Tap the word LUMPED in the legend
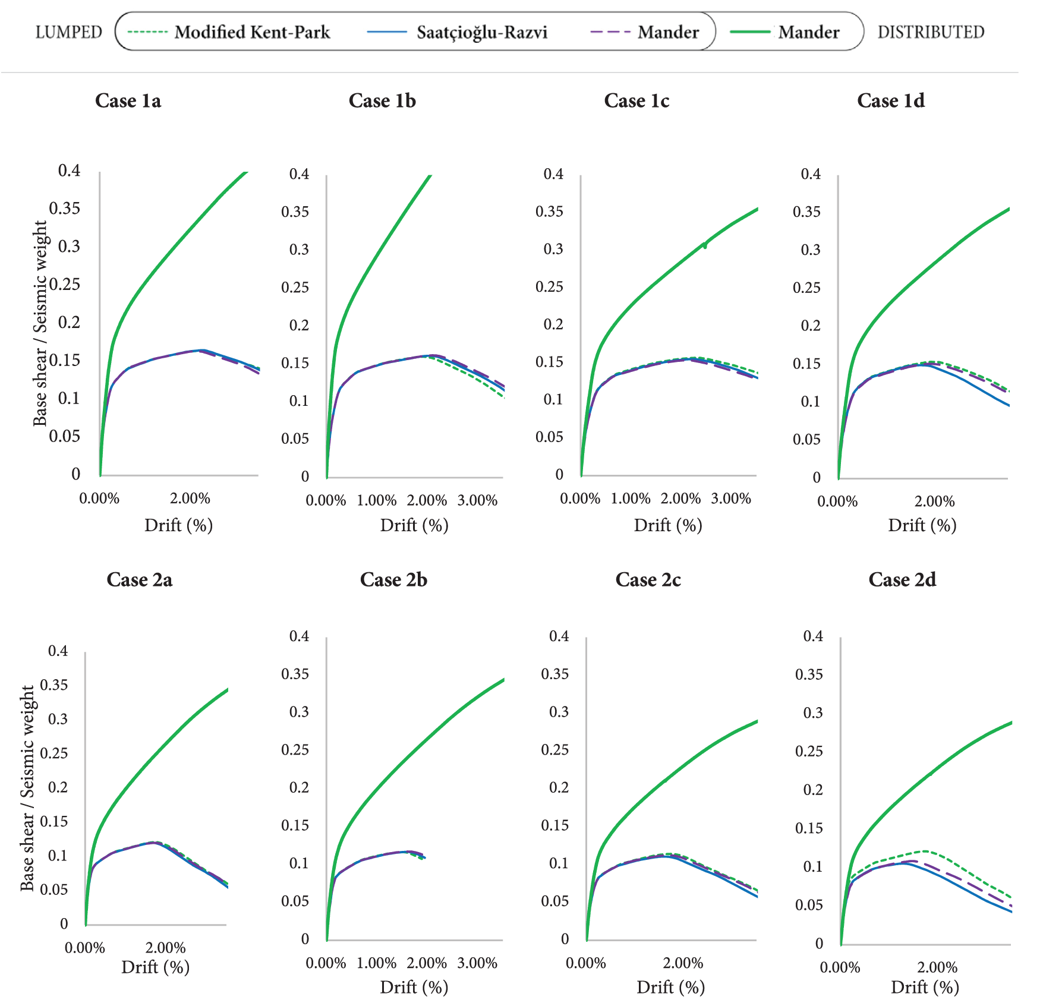click(69, 32)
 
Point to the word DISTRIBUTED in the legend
click(931, 32)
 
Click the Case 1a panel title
click(128, 101)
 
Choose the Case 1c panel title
click(636, 101)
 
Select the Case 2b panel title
click(393, 580)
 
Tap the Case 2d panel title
click(902, 580)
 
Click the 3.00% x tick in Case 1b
click(477, 500)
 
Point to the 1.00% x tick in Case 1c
click(631, 499)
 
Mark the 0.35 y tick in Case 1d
click(806, 212)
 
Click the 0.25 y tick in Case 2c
click(554, 750)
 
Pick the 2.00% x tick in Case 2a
click(165, 948)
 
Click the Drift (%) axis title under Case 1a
click(178, 525)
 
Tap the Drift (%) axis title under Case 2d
click(925, 988)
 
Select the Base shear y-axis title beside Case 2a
click(27, 788)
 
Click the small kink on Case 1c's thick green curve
click(705, 245)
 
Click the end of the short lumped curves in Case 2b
click(424, 857)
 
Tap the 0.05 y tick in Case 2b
click(295, 901)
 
